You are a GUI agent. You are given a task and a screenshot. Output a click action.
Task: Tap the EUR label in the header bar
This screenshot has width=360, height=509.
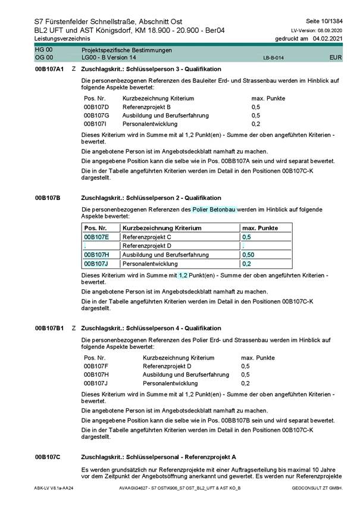(x=335, y=58)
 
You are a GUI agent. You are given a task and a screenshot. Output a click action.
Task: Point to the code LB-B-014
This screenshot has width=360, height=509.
(x=273, y=58)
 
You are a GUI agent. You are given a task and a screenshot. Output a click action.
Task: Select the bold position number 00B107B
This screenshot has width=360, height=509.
(x=47, y=198)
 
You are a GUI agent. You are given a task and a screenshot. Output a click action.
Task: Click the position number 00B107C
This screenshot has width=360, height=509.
(x=47, y=457)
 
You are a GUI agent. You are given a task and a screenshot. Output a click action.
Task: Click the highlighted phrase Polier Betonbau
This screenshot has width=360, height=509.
(x=214, y=210)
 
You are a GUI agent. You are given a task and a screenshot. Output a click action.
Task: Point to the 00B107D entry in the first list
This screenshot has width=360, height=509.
(x=96, y=107)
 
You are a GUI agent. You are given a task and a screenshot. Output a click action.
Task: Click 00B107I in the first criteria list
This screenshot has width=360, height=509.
(x=96, y=124)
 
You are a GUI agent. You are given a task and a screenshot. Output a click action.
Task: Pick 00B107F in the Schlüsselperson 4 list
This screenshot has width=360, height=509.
(x=96, y=366)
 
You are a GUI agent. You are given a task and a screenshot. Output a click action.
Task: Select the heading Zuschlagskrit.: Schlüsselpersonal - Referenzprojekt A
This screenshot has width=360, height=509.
(x=158, y=457)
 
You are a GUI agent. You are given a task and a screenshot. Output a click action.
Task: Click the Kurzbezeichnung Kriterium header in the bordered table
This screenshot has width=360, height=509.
(x=162, y=227)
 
